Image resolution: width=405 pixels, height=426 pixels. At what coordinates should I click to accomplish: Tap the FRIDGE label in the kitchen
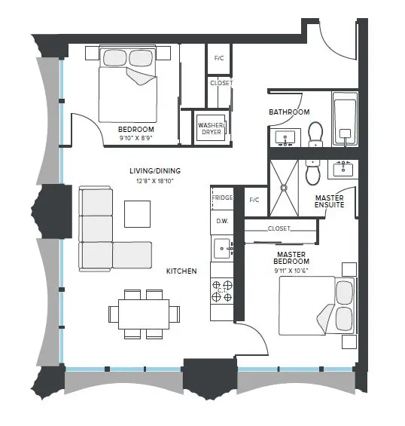221,198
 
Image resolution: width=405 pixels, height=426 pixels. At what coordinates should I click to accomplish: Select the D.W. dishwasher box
221,222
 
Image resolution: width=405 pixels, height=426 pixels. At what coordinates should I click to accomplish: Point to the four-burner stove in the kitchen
222,290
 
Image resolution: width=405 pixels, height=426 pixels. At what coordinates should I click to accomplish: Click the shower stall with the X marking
285,185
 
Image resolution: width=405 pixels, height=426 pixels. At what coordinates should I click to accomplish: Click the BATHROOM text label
289,112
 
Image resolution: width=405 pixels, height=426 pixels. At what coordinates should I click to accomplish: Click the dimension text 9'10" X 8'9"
136,138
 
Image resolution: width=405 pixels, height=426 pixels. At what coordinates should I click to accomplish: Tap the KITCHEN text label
181,271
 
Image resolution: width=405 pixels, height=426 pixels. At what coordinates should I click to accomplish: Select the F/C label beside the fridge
254,200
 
